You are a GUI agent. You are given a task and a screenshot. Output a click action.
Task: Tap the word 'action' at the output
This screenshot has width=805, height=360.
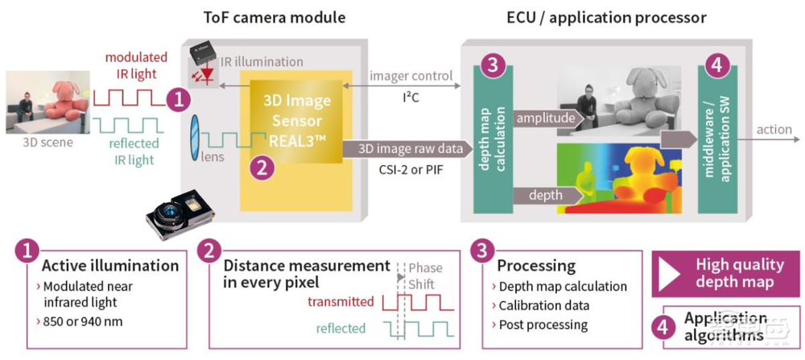pos(774,130)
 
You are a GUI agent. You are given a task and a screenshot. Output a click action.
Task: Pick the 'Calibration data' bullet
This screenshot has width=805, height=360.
pos(543,305)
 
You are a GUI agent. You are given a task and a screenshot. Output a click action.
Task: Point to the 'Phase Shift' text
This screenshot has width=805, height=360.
pos(425,276)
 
